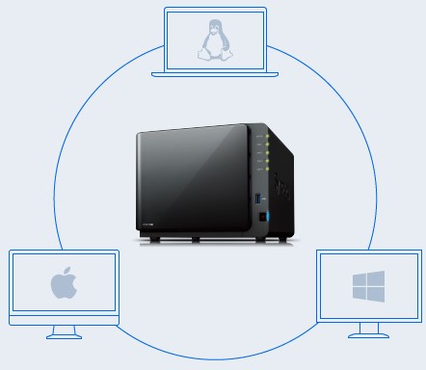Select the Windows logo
click(x=368, y=284)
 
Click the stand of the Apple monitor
click(x=65, y=330)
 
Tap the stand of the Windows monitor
click(x=368, y=330)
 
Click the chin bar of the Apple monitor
click(x=65, y=316)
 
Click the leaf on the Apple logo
click(x=67, y=272)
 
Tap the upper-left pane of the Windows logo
click(x=360, y=278)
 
